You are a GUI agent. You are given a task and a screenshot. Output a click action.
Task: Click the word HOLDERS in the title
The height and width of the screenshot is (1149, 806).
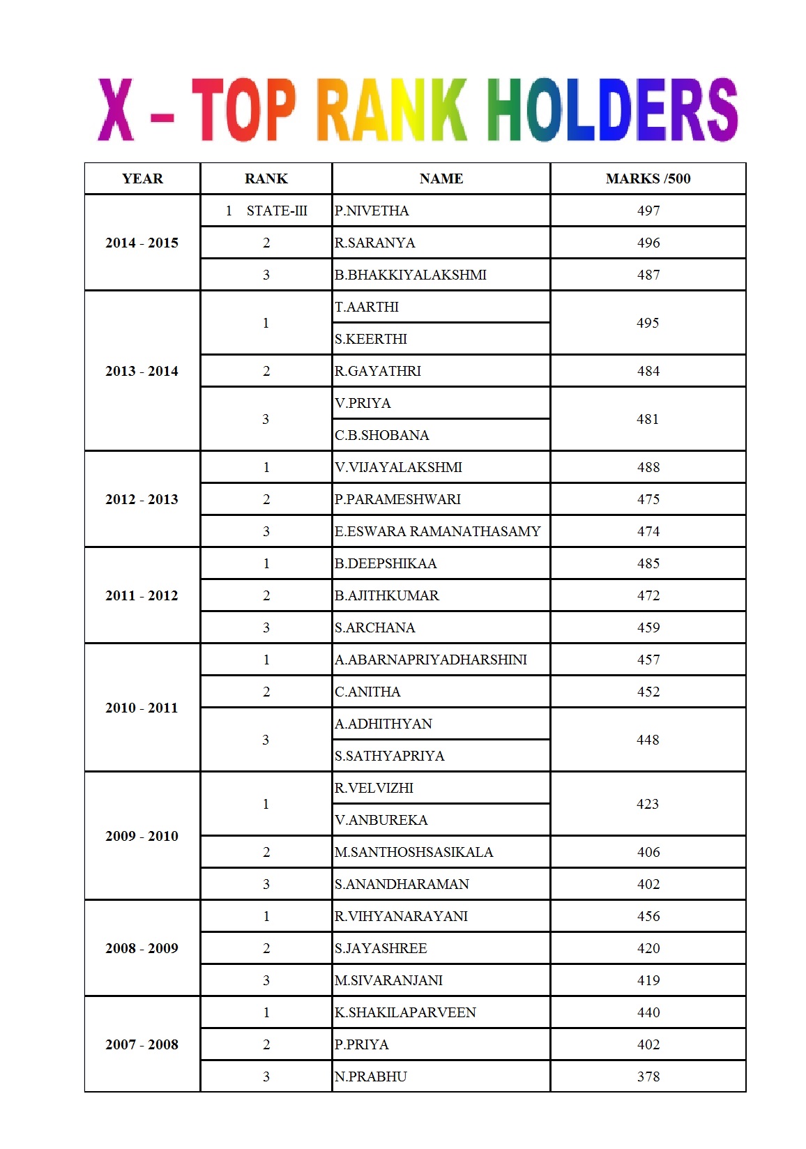tap(611, 110)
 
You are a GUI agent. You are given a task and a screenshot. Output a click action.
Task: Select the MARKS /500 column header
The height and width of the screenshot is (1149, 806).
tap(648, 178)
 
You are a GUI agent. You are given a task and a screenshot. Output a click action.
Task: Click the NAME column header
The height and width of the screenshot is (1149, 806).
tap(441, 178)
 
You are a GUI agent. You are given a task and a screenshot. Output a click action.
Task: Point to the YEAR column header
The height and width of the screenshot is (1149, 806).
tap(142, 178)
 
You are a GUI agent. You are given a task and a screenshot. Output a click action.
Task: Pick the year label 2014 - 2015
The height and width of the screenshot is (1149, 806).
tap(142, 243)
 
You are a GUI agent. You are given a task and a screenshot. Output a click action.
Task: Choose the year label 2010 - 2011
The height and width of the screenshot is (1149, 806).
tap(142, 708)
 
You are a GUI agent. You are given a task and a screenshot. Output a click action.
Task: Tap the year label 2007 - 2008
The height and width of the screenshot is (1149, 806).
tap(142, 1044)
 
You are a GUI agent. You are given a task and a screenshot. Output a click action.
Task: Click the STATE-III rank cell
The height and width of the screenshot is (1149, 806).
tap(276, 211)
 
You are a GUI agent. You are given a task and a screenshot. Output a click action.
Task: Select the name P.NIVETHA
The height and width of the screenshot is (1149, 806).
tap(372, 211)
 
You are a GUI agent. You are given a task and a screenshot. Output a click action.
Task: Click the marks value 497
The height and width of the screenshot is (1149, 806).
tap(648, 211)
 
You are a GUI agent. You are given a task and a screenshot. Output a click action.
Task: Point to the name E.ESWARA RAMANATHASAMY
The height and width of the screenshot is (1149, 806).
tap(437, 531)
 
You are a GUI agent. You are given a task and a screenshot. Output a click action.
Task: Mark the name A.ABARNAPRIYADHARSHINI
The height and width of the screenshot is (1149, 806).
tap(431, 660)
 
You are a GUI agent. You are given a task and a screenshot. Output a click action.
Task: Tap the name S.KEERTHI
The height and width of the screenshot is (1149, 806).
tap(371, 339)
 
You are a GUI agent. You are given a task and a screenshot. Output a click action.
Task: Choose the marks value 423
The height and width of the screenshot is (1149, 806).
tap(648, 804)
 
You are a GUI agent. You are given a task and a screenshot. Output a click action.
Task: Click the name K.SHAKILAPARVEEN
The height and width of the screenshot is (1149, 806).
tap(405, 1012)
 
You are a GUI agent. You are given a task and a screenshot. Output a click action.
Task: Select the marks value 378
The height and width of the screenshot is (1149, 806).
tap(648, 1076)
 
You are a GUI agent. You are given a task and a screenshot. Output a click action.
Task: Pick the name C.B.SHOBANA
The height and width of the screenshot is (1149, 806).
tap(381, 435)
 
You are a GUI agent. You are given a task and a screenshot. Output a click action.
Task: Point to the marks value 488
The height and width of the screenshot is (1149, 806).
tap(648, 467)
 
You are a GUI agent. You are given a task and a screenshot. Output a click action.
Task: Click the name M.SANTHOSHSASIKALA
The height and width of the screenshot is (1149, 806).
tap(413, 852)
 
